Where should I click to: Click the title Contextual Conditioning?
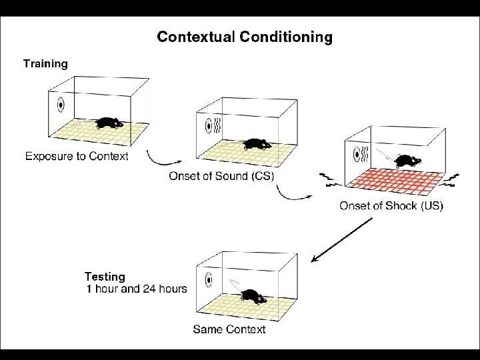coord(244,37)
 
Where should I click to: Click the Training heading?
coord(45,64)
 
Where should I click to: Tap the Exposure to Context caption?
coord(77,157)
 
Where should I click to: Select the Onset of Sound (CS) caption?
coord(221,176)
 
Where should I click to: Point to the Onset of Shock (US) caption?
coord(391,205)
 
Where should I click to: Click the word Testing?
coord(105,276)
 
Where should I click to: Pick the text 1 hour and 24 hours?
coord(137,289)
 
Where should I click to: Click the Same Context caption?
coord(229,329)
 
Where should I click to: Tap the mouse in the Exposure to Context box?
coord(109,123)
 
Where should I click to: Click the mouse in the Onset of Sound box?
coord(255,144)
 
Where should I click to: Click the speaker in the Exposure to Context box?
coord(60,105)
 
